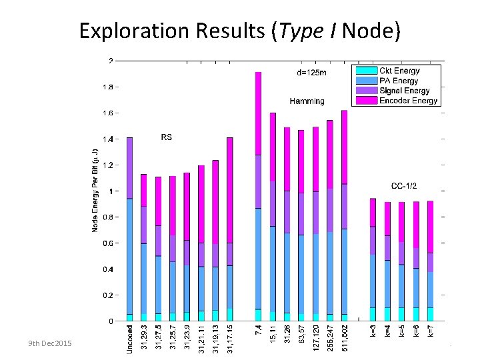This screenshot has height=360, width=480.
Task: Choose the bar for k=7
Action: (430, 261)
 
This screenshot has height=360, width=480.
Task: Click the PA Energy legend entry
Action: (399, 81)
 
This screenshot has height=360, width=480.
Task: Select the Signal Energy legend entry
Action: (404, 91)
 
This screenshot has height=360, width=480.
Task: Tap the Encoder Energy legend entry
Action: (408, 101)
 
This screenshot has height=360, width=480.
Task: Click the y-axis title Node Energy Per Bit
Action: (96, 191)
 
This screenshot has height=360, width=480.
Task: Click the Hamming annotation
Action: (307, 101)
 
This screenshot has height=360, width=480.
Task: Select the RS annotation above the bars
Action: (166, 137)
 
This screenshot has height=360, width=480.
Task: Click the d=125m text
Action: (311, 73)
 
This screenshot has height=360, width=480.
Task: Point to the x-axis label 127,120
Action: (315, 337)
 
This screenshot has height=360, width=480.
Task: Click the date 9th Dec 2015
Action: (50, 343)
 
